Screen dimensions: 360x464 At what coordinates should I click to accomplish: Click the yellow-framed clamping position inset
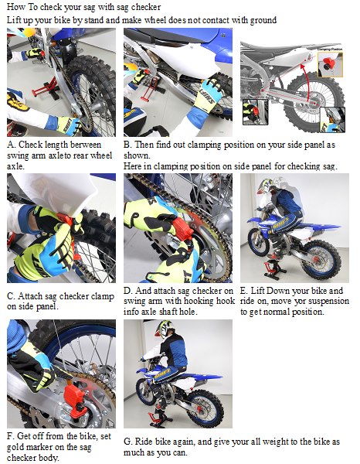pos(330,64)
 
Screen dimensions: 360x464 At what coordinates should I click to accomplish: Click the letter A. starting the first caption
pos(12,145)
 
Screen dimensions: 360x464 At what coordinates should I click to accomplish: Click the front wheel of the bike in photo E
pos(259,242)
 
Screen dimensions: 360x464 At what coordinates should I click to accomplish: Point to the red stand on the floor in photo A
pos(44,88)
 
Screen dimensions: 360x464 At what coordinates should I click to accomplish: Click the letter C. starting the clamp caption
pos(11,296)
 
